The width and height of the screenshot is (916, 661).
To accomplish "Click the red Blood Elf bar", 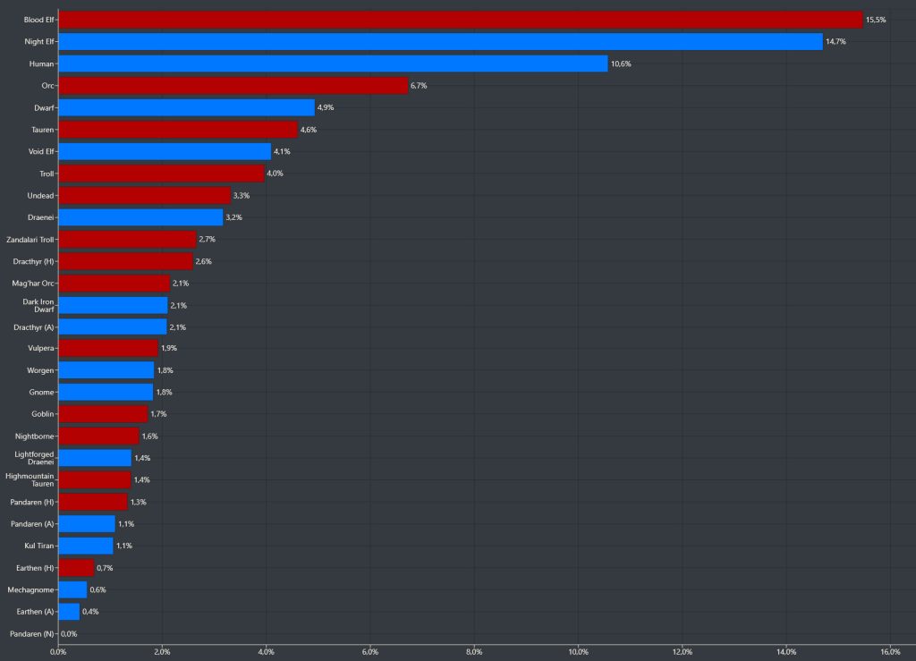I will coord(460,20).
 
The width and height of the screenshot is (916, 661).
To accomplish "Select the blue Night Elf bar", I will coord(440,41).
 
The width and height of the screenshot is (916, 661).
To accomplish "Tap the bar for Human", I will coord(333,64).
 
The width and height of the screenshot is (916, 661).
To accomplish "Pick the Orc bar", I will coord(233,85).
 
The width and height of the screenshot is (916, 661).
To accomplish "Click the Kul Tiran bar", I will coord(86,546).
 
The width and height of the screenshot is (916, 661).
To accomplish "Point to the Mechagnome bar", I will coord(72,589).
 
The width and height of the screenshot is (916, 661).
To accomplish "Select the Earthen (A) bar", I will coord(69,612).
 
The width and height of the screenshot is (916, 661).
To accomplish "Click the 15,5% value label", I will coord(876,20).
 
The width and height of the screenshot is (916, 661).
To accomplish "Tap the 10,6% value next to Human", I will coord(621,64).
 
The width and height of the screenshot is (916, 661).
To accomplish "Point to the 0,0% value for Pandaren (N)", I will coord(69,633).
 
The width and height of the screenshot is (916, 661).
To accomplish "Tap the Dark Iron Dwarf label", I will coord(39,305).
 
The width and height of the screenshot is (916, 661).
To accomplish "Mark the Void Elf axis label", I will coord(41,151).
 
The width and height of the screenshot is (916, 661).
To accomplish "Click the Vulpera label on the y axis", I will coord(41,349).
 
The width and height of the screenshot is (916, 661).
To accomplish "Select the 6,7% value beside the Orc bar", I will coord(420,86).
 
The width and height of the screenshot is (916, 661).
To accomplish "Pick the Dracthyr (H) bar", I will coord(125,261).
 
